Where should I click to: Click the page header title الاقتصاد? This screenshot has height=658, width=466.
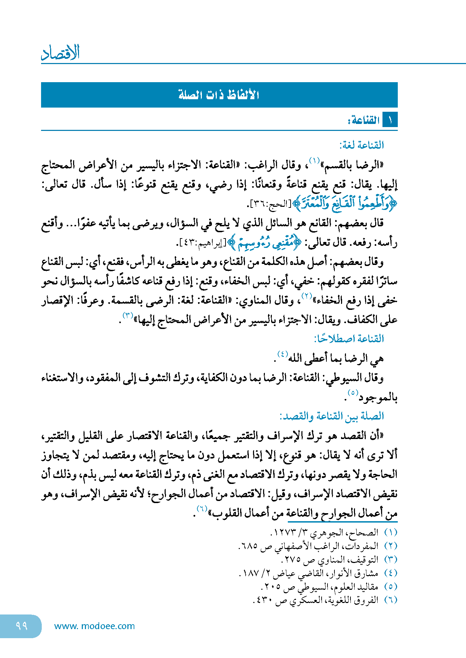click(61, 53)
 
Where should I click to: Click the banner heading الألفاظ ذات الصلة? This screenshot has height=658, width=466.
click(219, 95)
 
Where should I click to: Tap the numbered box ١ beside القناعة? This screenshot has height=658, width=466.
click(390, 120)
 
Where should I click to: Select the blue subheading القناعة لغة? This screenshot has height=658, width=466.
click(362, 145)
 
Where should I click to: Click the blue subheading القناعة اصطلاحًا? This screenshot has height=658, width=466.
click(349, 338)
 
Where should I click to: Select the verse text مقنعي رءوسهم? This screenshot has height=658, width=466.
click(266, 243)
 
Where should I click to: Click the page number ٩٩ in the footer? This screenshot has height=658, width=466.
click(22, 626)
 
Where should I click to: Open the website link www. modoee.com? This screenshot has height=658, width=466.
click(94, 626)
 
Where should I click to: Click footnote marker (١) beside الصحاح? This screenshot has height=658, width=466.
click(390, 533)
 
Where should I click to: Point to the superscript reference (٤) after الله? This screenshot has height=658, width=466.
click(282, 354)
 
